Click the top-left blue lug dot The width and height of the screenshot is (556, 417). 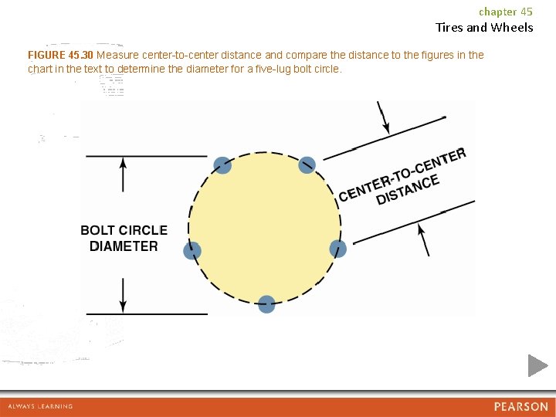(222, 164)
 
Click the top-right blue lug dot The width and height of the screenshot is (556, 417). (307, 164)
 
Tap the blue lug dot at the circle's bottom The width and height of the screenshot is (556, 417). (266, 304)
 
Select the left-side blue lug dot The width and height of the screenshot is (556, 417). (192, 250)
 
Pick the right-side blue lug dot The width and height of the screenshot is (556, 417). (338, 249)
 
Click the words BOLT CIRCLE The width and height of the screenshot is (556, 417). (124, 230)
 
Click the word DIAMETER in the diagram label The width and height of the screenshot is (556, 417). (124, 246)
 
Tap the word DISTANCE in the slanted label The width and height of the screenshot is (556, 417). (408, 190)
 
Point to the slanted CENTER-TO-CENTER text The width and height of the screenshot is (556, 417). (402, 171)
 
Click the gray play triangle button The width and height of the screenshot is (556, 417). (537, 365)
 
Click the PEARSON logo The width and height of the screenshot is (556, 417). (520, 406)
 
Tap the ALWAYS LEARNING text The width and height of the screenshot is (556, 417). (40, 406)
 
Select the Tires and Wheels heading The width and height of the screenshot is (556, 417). (484, 28)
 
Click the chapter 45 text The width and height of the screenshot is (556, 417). (506, 12)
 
